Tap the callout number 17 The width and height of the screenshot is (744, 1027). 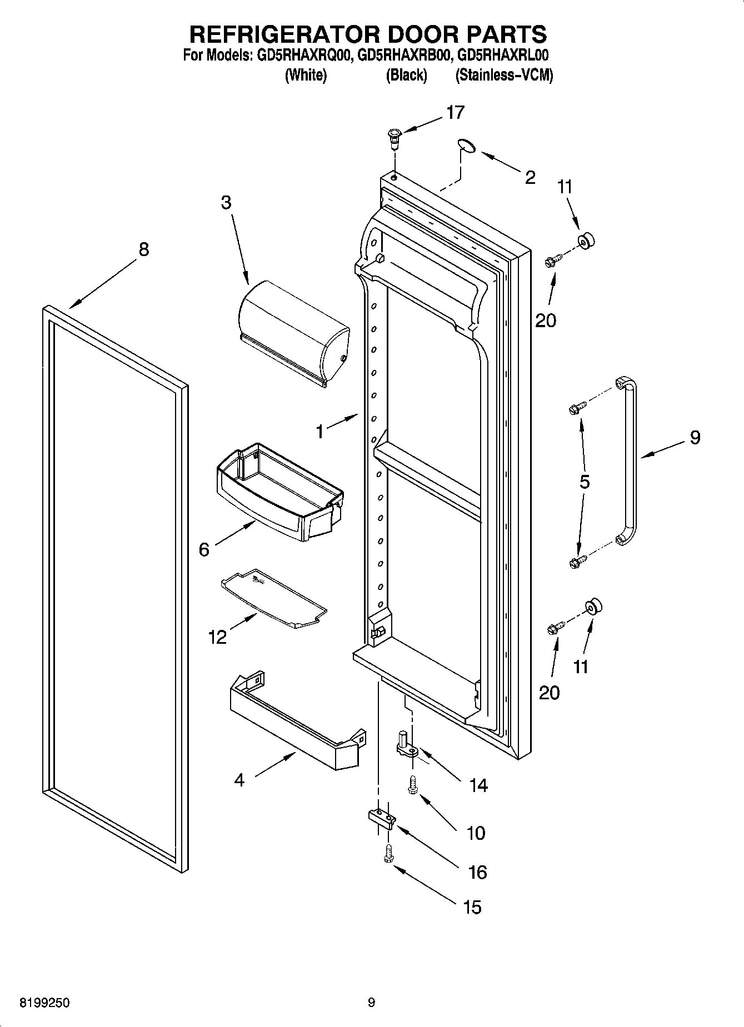pos(455,113)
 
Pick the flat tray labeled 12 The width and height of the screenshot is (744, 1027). pos(273,599)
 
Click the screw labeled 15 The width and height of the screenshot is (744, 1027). pos(388,854)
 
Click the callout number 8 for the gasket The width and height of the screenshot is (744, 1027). pos(143,249)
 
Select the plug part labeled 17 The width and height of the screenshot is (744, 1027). pos(394,137)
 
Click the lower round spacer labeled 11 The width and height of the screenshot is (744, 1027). pos(593,607)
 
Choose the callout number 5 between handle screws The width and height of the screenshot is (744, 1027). pos(584,482)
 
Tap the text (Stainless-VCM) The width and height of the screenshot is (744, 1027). pos(504,75)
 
